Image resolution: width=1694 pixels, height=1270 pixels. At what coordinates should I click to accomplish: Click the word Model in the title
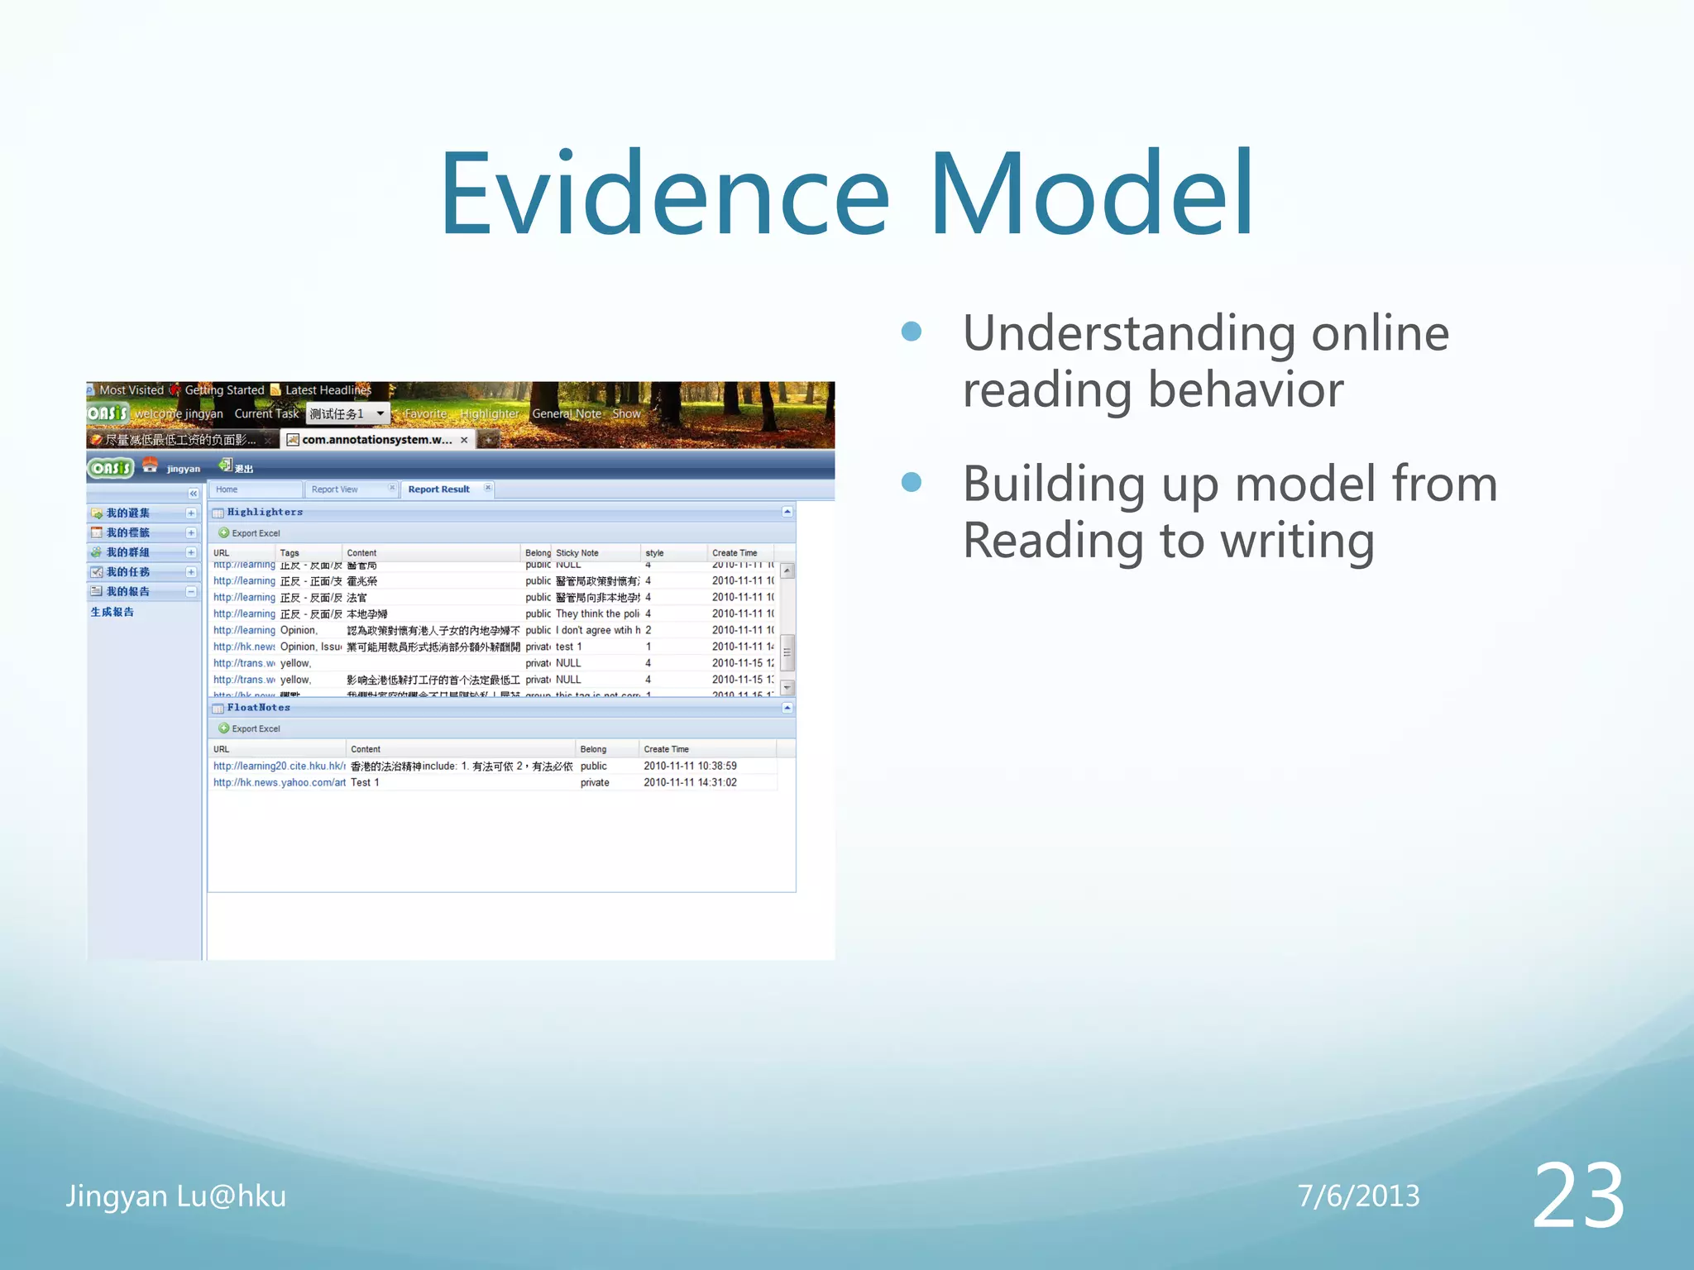pyautogui.click(x=1092, y=194)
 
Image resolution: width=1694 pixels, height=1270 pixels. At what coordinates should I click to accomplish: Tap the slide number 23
pyautogui.click(x=1577, y=1196)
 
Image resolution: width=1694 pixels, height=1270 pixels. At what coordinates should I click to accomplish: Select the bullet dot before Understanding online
pyautogui.click(x=912, y=332)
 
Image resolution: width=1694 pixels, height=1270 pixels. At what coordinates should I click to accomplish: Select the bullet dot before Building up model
pyautogui.click(x=912, y=482)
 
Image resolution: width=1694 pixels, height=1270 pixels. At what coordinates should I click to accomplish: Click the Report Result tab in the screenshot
pyautogui.click(x=438, y=489)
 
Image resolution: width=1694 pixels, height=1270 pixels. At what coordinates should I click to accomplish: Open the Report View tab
pyautogui.click(x=335, y=489)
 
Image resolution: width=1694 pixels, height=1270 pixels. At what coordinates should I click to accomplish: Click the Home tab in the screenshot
pyautogui.click(x=227, y=489)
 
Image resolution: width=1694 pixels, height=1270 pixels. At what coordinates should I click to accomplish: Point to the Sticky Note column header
pyautogui.click(x=577, y=553)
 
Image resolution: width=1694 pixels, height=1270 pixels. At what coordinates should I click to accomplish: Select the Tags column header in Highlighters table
pyautogui.click(x=290, y=553)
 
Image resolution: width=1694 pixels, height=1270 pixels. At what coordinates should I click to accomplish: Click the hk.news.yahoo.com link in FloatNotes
pyautogui.click(x=279, y=782)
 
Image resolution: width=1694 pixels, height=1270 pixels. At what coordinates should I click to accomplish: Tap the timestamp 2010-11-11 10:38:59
pyautogui.click(x=690, y=766)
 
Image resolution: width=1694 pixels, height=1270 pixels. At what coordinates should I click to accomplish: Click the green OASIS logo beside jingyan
pyautogui.click(x=111, y=468)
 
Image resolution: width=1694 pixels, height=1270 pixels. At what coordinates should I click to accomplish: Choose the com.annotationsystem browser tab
pyautogui.click(x=376, y=440)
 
